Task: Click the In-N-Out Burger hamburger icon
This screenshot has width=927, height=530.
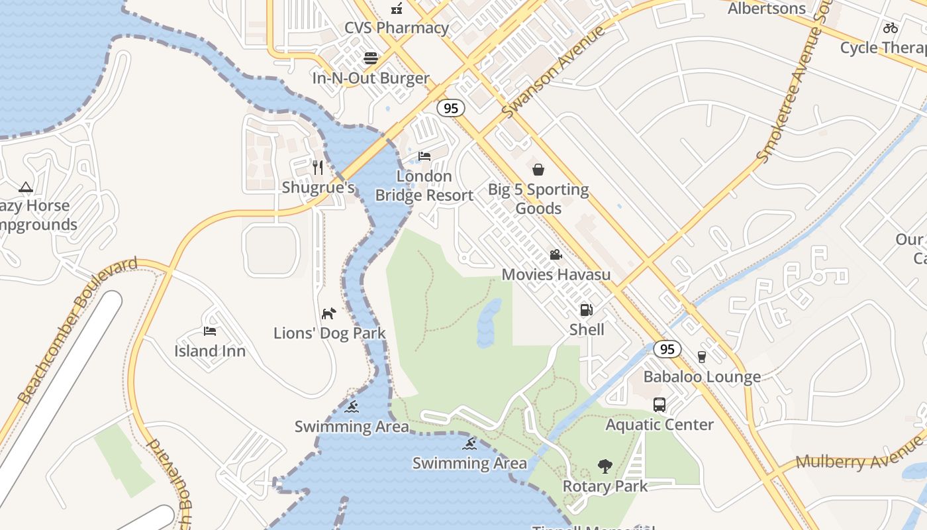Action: (371, 58)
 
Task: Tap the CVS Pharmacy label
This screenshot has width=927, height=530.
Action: (397, 28)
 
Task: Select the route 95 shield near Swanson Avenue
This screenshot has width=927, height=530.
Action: (451, 108)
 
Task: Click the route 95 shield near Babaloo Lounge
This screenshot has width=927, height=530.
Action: (667, 349)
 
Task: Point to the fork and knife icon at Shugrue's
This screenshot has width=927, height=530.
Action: (318, 167)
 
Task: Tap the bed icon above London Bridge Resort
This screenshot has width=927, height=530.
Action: (424, 156)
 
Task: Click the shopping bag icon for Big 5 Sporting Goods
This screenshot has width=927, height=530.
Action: (538, 170)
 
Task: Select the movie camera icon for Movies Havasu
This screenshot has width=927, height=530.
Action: (556, 255)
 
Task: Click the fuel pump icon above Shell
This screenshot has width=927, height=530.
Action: (586, 309)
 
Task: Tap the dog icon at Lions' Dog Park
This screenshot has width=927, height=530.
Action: (329, 313)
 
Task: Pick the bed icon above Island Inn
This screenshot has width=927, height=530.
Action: (210, 331)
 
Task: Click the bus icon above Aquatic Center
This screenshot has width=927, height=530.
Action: (659, 404)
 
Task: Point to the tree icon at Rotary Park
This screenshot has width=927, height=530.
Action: (605, 466)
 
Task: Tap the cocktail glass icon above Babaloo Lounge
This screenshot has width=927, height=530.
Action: (702, 357)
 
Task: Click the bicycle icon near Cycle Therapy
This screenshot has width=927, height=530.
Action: (891, 28)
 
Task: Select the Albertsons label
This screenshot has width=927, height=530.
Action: (766, 9)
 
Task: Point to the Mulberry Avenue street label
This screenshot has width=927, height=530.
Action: (859, 455)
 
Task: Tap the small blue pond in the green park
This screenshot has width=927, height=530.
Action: (489, 323)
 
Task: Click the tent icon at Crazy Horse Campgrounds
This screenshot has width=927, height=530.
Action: (26, 187)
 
